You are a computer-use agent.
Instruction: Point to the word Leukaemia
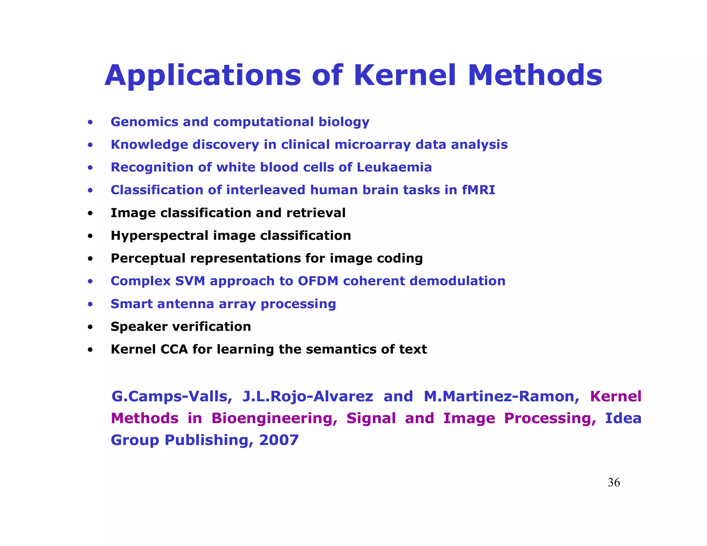[394, 167]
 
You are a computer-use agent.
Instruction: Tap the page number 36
[614, 482]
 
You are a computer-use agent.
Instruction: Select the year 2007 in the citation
[279, 440]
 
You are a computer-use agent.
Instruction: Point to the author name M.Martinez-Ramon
[501, 397]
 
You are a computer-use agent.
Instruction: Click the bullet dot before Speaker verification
[90, 327]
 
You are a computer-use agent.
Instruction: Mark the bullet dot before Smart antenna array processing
[90, 304]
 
